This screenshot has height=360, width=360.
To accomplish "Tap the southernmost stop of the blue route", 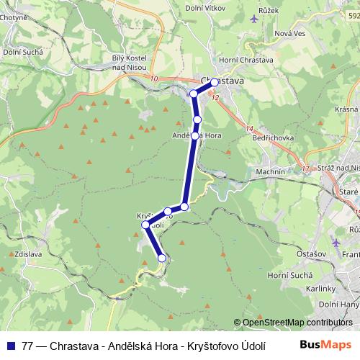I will pos(162,258).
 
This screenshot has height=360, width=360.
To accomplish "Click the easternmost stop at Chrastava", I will pos(215,82).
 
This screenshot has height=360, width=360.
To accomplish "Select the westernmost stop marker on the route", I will pos(145,225).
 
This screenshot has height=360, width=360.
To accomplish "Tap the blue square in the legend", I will pos(9,344).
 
